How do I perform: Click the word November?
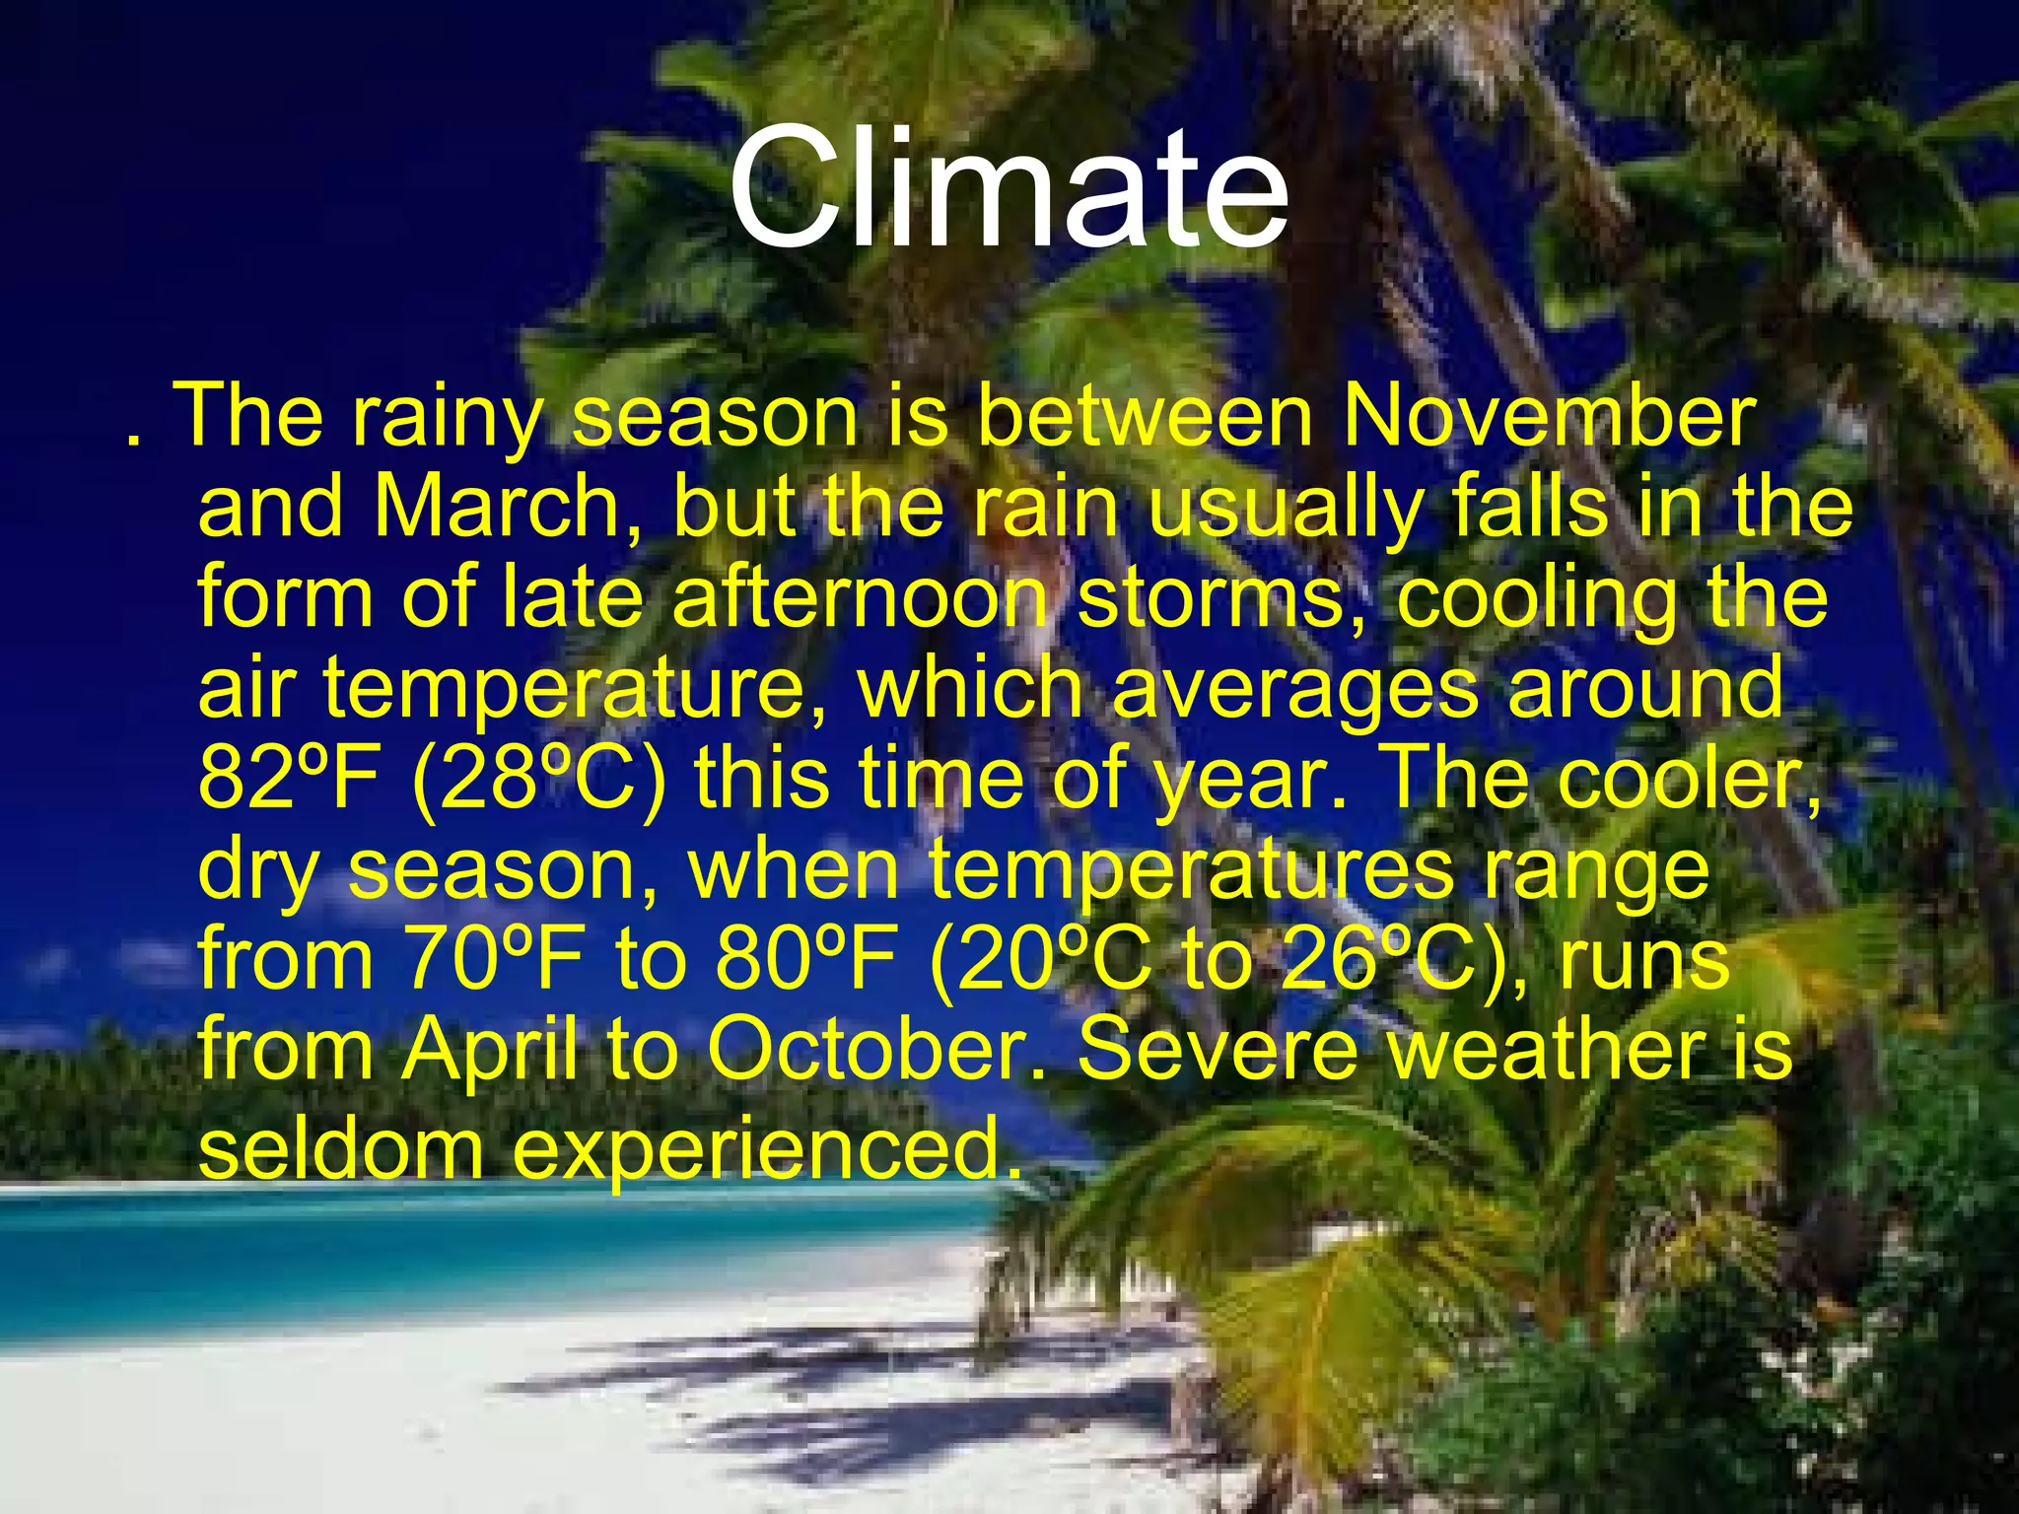pos(1549,417)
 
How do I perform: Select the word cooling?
pos(1538,598)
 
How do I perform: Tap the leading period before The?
pos(132,440)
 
